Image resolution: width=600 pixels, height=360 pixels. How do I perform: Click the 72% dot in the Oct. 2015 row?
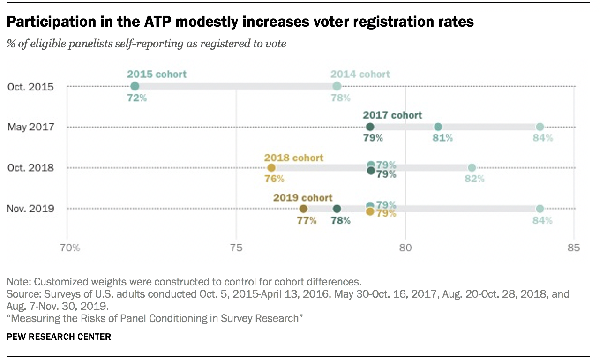coord(135,86)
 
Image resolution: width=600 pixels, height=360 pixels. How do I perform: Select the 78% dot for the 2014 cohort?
coord(337,86)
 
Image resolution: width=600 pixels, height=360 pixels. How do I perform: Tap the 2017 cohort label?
coord(392,115)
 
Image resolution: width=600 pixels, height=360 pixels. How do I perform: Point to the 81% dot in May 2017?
coord(438,127)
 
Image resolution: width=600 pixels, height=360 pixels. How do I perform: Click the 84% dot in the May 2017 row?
coord(540,127)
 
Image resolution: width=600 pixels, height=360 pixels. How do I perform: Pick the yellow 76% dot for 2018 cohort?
coord(271,168)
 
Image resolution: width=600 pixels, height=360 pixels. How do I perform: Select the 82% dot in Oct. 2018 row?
coord(472,168)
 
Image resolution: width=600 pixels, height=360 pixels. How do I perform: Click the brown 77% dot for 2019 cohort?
coord(303,209)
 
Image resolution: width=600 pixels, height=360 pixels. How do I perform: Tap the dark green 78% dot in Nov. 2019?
coord(337,209)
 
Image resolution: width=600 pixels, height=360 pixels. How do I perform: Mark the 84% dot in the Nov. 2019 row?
coord(540,209)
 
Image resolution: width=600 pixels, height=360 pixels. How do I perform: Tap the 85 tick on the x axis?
coord(573,247)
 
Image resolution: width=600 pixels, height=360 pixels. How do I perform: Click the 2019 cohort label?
coord(303,197)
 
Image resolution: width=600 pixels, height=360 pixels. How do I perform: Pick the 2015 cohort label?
coord(157,74)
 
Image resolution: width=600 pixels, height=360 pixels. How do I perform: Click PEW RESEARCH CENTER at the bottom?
coord(59,337)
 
